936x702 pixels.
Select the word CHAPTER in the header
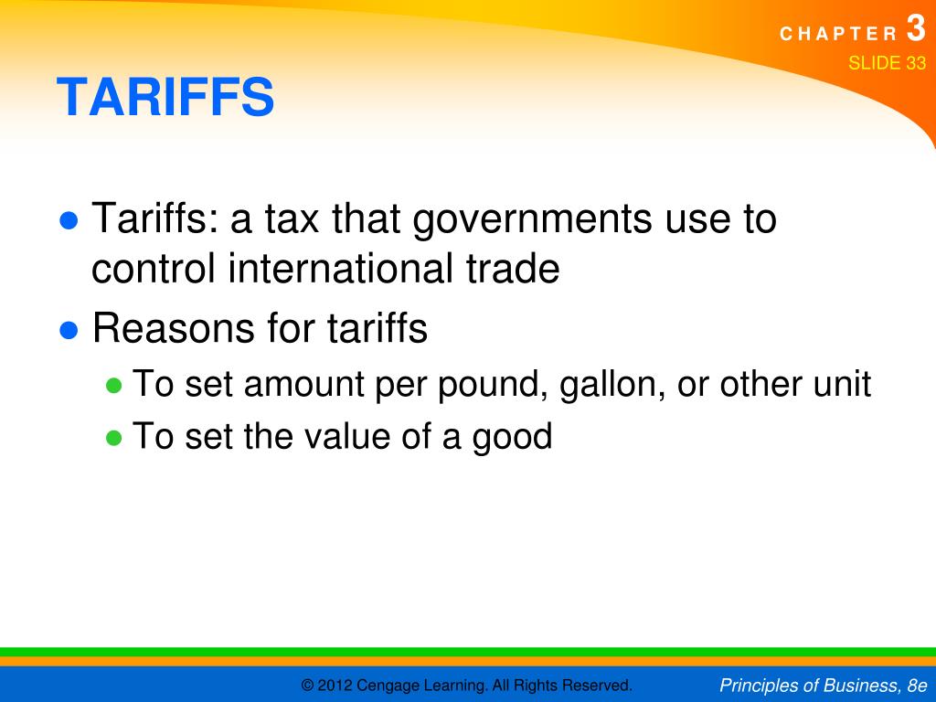839,35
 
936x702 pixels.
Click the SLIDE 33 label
887,63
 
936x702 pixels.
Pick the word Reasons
171,329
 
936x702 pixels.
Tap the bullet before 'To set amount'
114,385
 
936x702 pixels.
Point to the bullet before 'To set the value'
114,438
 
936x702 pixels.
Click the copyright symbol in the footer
308,685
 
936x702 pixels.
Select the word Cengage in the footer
388,686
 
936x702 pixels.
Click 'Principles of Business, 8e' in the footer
823,685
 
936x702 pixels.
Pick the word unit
841,384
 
